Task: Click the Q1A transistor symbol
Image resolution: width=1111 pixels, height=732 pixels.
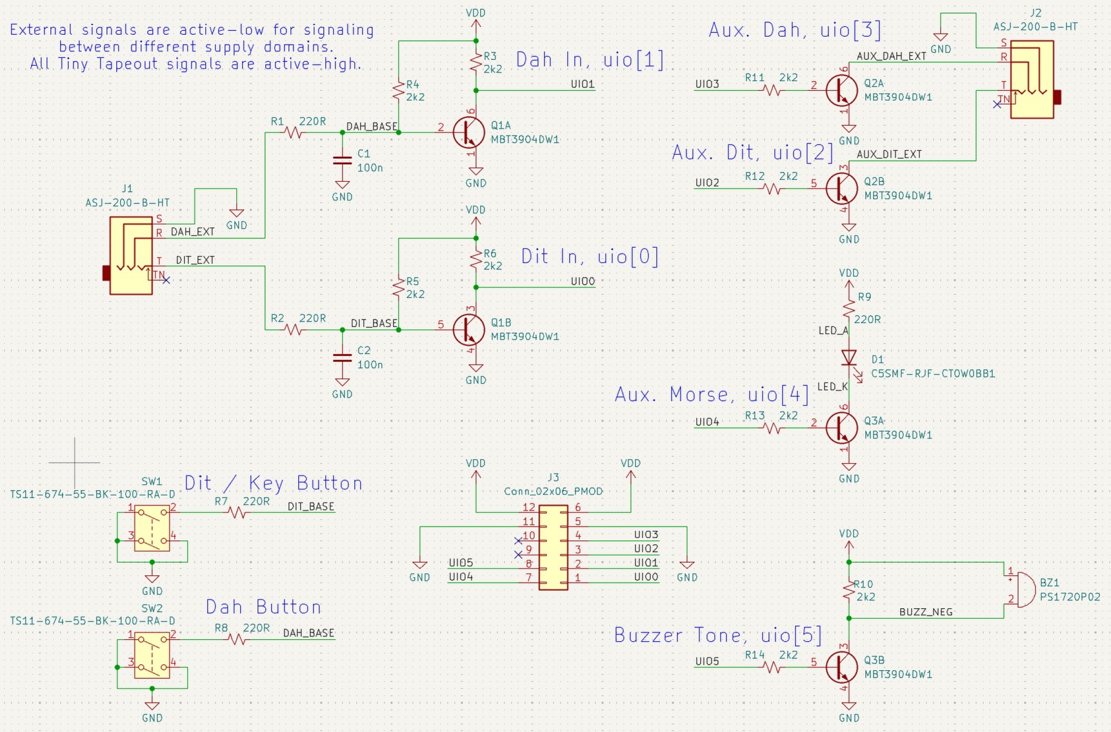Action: [469, 132]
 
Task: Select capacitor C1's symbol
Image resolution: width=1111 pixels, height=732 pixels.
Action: [342, 161]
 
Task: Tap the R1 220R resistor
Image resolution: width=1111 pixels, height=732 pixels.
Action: [294, 132]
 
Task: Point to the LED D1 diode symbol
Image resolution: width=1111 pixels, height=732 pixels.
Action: [849, 358]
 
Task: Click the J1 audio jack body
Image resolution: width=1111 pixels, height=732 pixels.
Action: [132, 255]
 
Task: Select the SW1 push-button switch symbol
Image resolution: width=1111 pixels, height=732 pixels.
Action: [152, 528]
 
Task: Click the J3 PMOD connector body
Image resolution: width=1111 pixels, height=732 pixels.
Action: [553, 548]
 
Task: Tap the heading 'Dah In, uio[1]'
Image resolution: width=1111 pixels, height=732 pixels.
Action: [590, 60]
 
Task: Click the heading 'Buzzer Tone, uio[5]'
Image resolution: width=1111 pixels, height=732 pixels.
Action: [718, 635]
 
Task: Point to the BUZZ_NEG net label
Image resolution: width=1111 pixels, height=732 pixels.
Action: [926, 612]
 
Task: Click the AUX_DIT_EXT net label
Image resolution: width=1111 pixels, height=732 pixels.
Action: [889, 155]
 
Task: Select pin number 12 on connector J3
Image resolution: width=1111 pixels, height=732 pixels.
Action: [529, 508]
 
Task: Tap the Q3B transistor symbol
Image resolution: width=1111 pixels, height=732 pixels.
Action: [842, 668]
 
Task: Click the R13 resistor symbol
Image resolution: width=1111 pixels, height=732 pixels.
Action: [772, 428]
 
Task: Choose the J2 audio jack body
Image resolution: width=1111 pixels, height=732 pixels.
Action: [1032, 79]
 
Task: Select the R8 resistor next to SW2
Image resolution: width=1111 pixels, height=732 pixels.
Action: [237, 639]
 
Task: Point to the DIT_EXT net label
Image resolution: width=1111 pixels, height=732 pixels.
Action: [195, 261]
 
